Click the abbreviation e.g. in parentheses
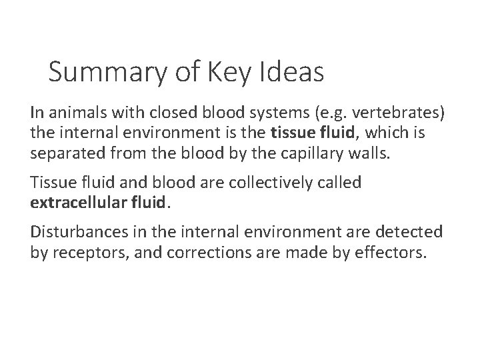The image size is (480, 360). tap(315, 111)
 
